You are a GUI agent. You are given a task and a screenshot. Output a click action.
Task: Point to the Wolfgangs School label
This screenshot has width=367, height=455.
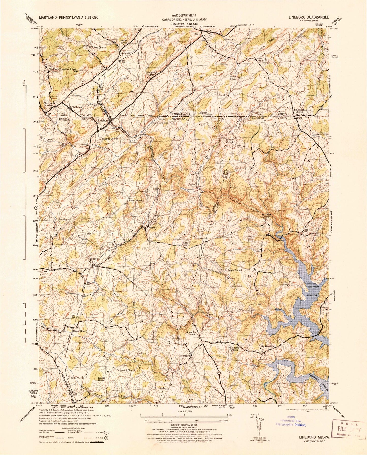tap(152, 73)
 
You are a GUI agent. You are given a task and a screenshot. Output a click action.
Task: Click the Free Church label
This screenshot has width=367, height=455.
tap(135, 201)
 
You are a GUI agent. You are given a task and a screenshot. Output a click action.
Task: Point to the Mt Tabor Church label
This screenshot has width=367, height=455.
tap(266, 215)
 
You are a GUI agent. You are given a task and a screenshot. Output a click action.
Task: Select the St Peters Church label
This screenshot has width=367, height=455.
tap(233, 270)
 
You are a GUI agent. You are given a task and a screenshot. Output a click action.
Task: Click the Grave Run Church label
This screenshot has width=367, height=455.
tap(191, 333)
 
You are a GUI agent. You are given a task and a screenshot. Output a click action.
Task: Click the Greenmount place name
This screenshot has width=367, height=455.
tap(75, 378)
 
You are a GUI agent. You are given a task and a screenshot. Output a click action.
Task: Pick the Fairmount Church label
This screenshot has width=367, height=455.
tap(125, 370)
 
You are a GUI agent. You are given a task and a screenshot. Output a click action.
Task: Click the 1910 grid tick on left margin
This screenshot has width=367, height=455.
tap(35, 196)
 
